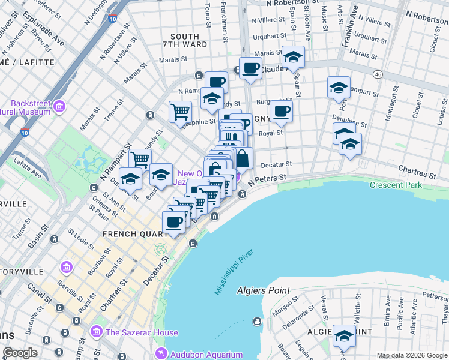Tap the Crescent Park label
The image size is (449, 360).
[396, 185]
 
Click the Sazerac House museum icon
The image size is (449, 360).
[96, 332]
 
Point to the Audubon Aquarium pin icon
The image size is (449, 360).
[160, 353]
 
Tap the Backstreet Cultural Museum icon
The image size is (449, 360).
[59, 107]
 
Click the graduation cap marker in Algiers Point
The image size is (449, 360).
[344, 335]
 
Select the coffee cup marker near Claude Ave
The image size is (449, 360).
[251, 68]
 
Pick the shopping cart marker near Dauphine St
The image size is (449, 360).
[180, 112]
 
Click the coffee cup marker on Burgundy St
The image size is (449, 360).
[280, 110]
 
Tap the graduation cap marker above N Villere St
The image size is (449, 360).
[293, 57]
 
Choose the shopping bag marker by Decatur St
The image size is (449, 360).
[242, 159]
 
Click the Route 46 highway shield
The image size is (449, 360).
[377, 74]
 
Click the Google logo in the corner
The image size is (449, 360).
[20, 353]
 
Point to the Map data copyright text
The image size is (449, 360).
[411, 355]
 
